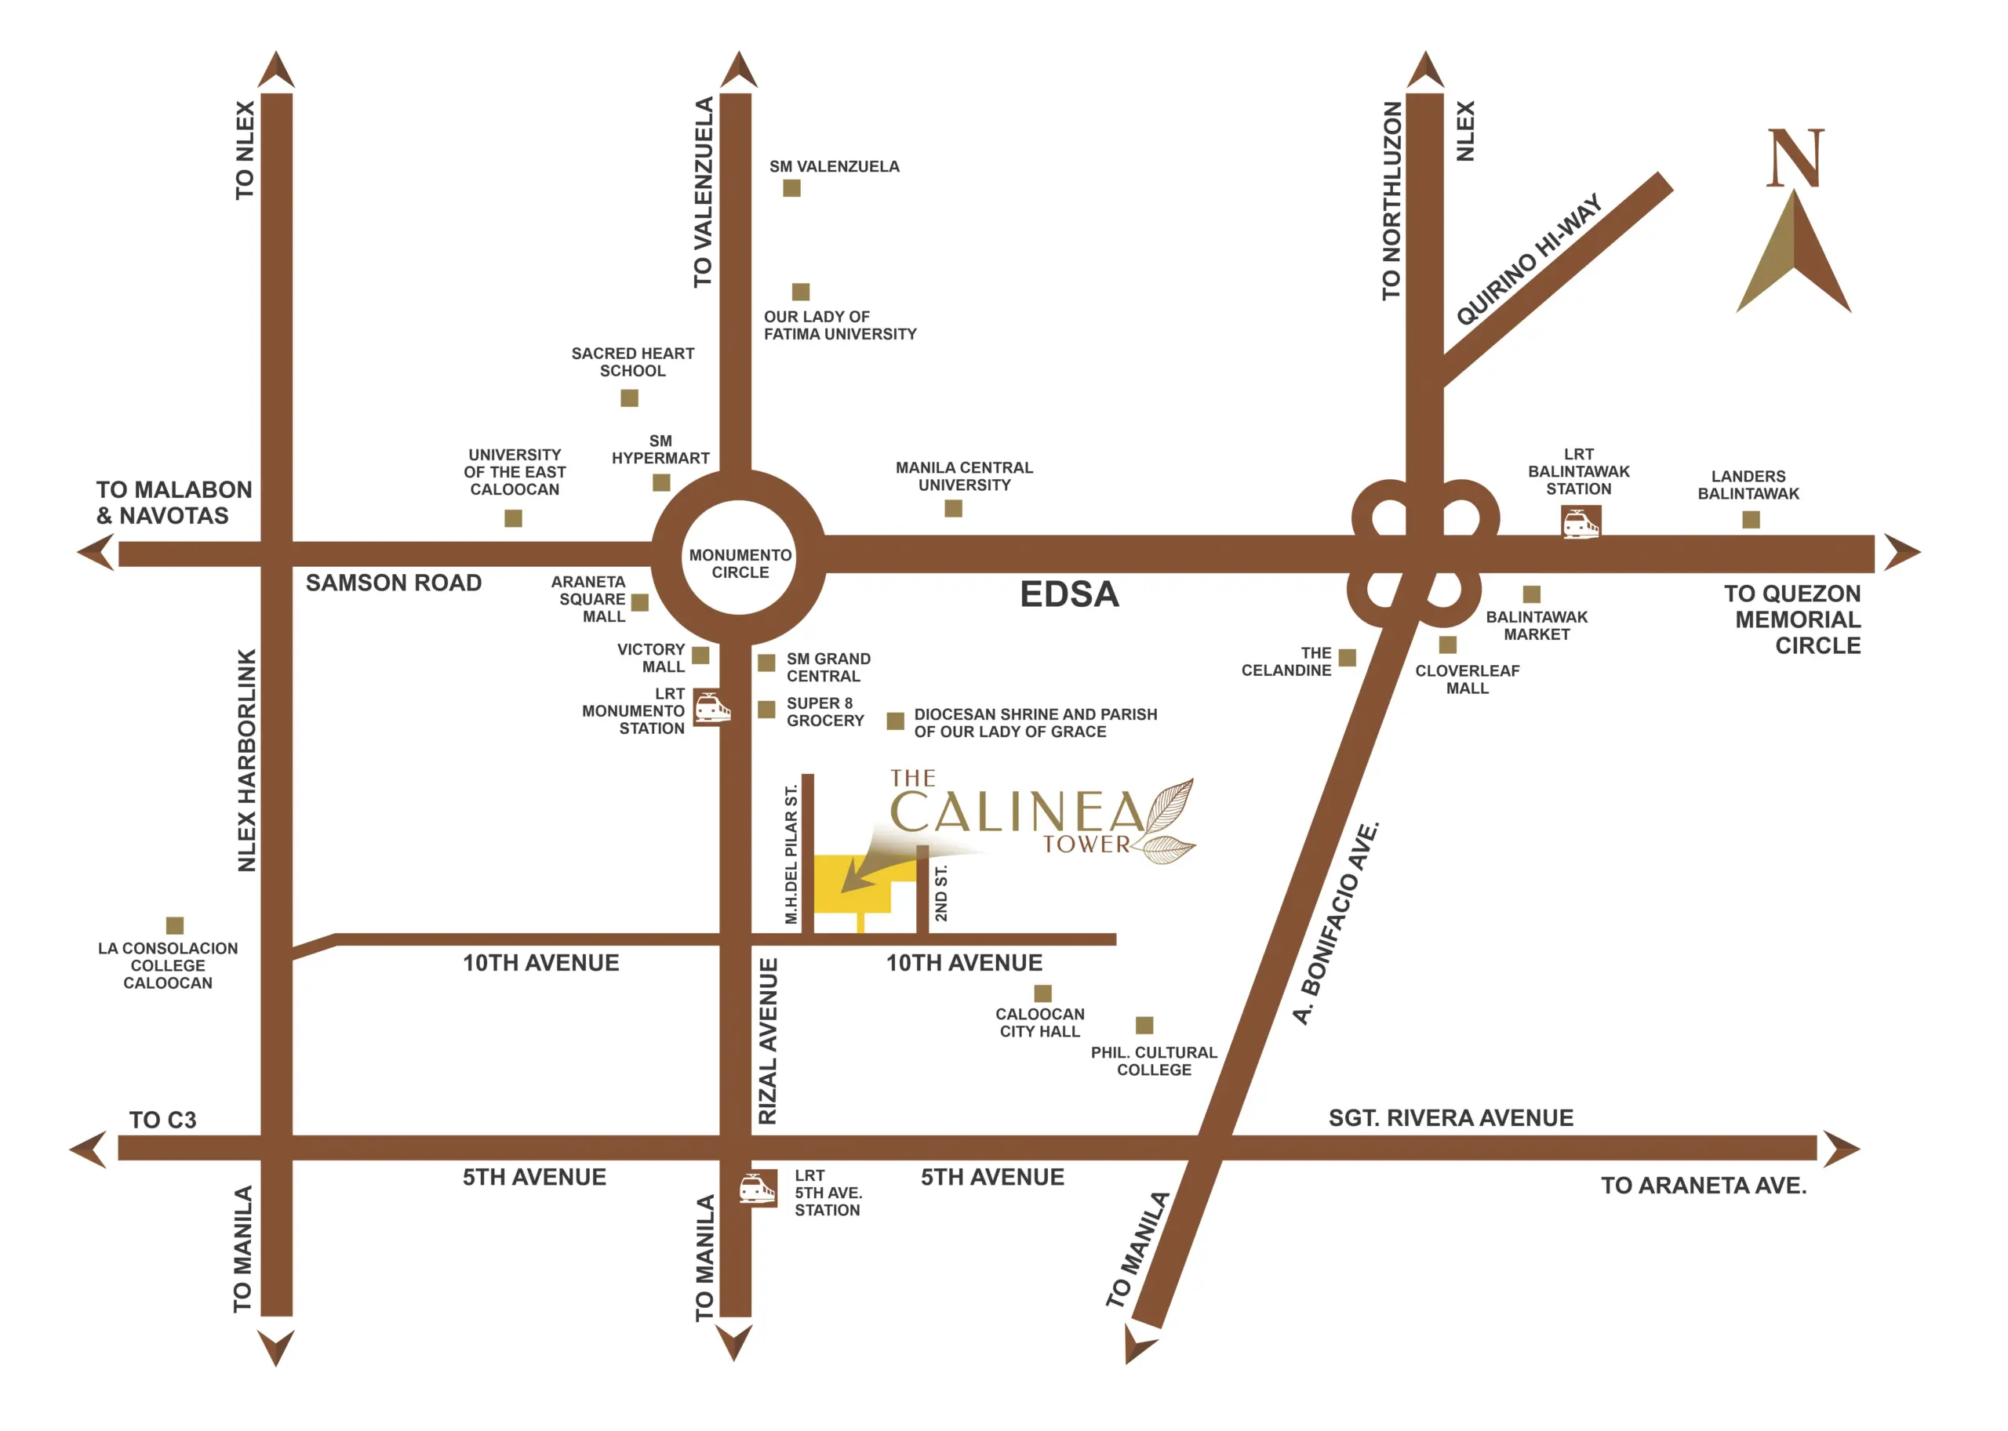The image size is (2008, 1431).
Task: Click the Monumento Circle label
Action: (x=740, y=564)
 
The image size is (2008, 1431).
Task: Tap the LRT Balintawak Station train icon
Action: (x=1581, y=522)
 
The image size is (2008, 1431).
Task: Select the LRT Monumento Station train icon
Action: (x=712, y=706)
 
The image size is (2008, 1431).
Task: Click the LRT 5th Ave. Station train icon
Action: (x=758, y=1189)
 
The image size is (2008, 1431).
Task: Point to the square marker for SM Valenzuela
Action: (x=791, y=188)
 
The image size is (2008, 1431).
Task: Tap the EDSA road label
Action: (x=1069, y=595)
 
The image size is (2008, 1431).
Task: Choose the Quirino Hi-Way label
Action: (x=1529, y=260)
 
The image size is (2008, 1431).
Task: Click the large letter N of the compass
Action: (x=1795, y=158)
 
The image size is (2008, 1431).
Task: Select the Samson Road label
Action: (x=394, y=583)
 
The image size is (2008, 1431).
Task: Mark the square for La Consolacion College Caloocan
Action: (x=175, y=925)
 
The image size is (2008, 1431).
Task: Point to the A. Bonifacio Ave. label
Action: (x=1337, y=924)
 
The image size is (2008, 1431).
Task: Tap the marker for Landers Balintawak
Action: (x=1752, y=520)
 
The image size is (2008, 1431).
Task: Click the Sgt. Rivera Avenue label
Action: (x=1451, y=1118)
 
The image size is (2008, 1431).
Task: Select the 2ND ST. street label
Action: (x=941, y=894)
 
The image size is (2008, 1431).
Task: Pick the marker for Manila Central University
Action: (x=954, y=508)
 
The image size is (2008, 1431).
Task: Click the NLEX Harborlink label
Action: (x=247, y=761)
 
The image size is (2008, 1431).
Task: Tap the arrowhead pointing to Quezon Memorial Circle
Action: (x=1902, y=554)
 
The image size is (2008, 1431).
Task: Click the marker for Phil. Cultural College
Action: (x=1144, y=1025)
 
